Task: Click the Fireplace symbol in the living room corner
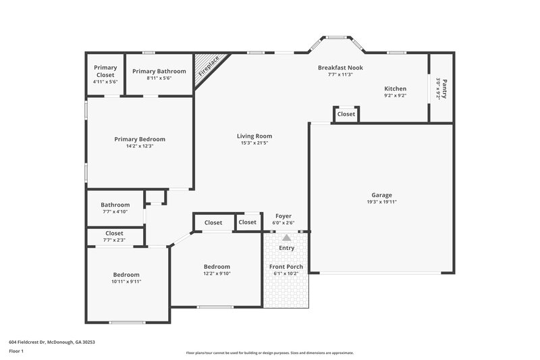point(207,69)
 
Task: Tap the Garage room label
point(381,195)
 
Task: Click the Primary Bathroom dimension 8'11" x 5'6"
point(159,78)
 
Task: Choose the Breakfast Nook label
point(341,68)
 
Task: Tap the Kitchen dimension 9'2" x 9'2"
point(395,96)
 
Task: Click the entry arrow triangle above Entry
point(286,238)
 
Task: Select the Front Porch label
point(286,267)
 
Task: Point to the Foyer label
point(283,216)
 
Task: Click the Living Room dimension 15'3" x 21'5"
point(254,143)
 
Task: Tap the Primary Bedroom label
point(140,139)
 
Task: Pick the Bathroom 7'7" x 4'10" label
point(115,205)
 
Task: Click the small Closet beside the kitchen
point(346,114)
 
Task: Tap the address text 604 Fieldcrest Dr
point(52,342)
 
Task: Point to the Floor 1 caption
point(16,351)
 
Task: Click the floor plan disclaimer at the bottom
point(270,353)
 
